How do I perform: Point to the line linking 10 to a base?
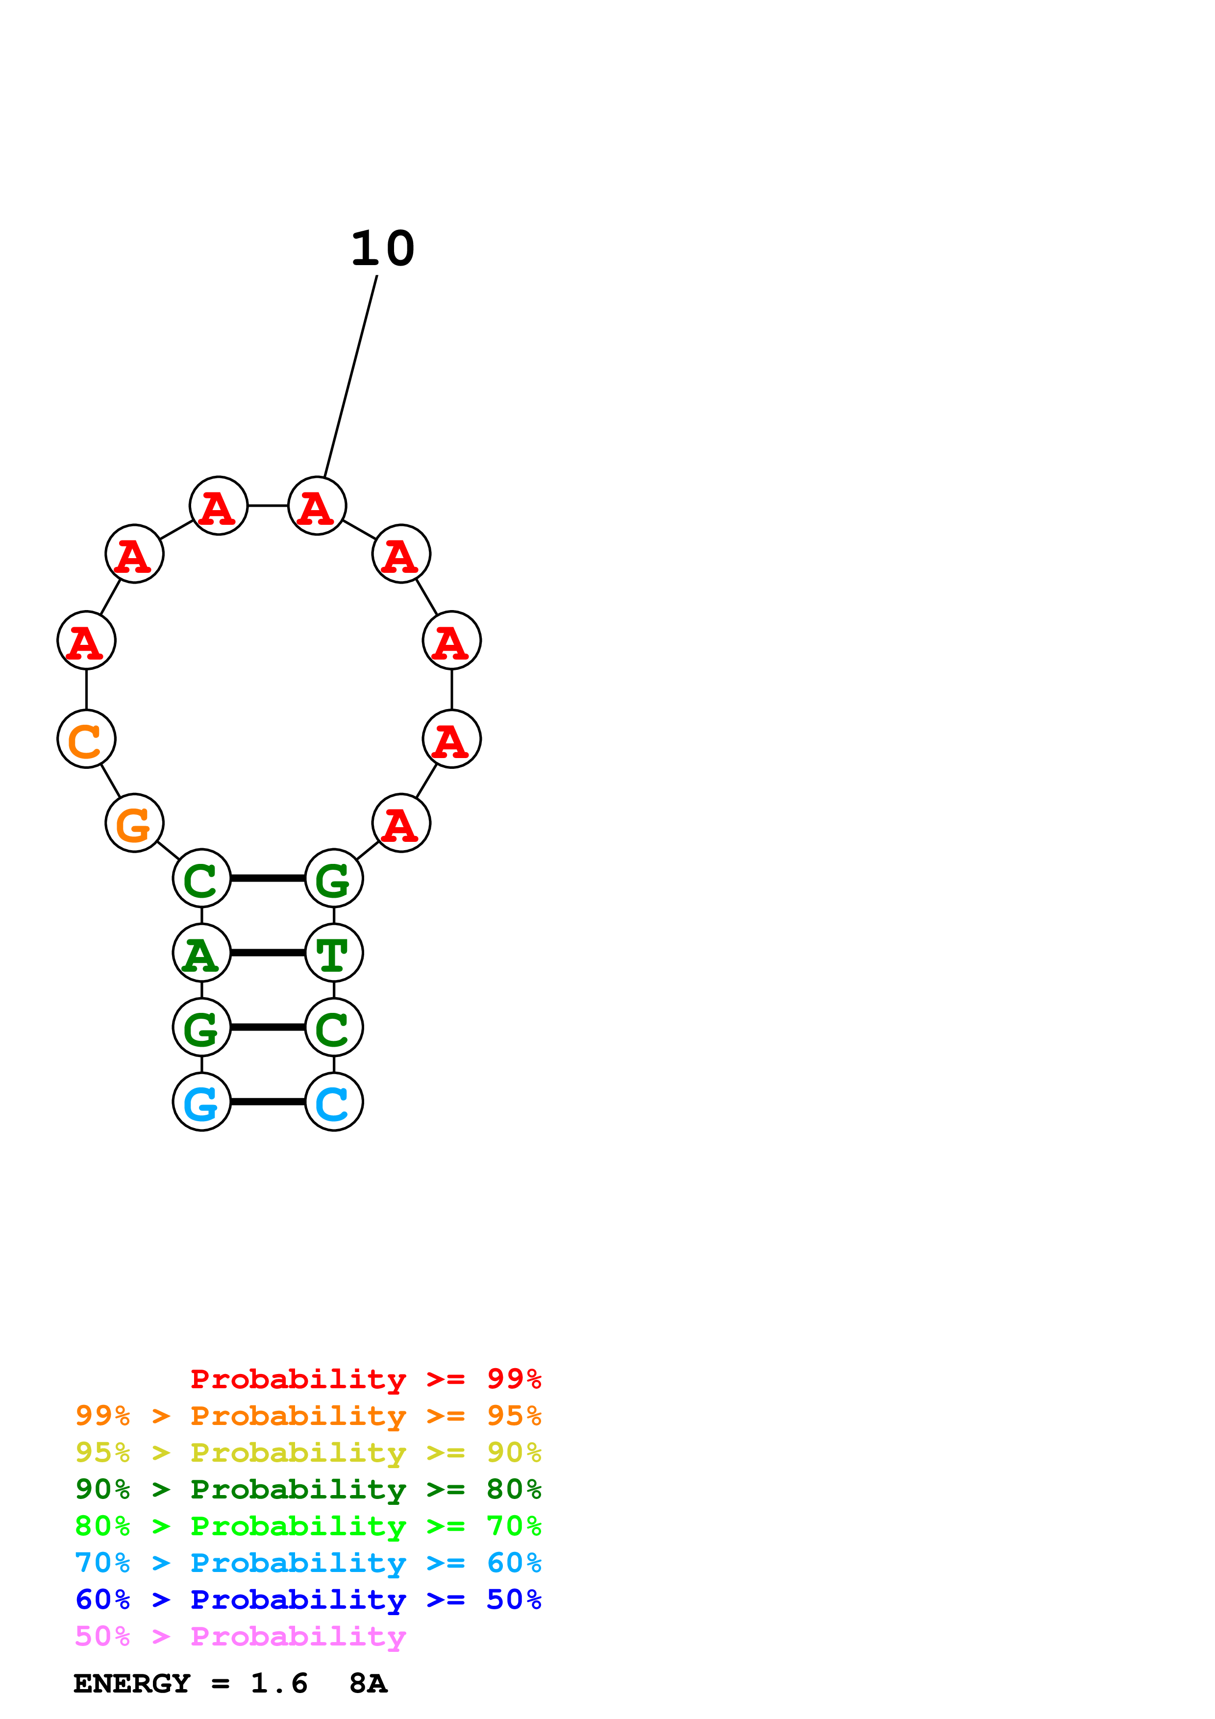point(350,376)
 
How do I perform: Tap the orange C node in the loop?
point(86,739)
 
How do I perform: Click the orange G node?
point(134,823)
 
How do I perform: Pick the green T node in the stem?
point(334,953)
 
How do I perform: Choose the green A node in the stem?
point(201,953)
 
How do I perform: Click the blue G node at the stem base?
point(201,1102)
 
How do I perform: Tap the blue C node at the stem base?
point(334,1102)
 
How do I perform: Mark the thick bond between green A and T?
point(268,953)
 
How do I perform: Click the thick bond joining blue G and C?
point(268,1102)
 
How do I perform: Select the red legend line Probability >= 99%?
point(365,1379)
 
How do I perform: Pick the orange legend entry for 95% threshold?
point(308,1416)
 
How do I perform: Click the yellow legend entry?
point(308,1452)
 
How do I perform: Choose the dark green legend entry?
point(308,1489)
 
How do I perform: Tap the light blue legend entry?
point(308,1563)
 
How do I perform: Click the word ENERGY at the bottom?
point(132,1683)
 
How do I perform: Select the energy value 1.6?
point(278,1683)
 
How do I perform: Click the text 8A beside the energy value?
point(368,1683)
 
